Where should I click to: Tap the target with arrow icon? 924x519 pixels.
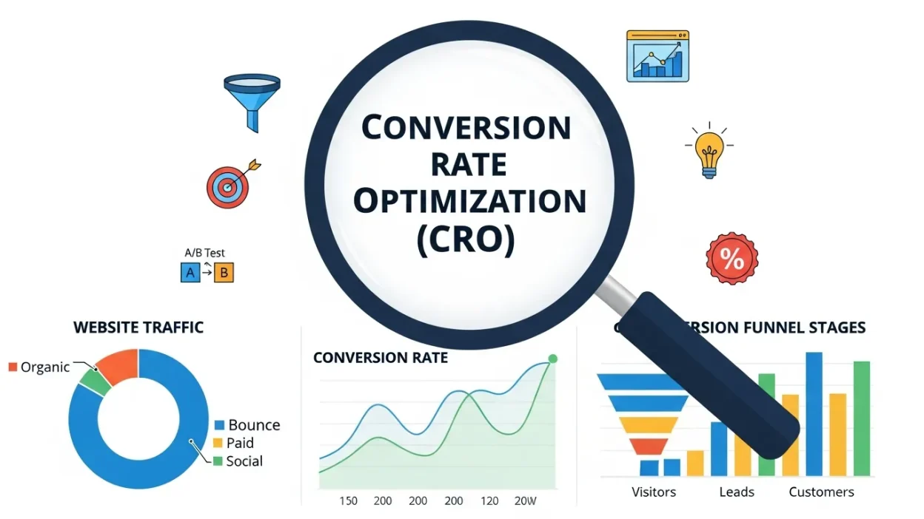coord(230,183)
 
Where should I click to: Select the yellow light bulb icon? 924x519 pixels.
coord(709,150)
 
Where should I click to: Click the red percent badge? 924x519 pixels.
coord(732,259)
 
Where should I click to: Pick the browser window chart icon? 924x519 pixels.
coord(657,55)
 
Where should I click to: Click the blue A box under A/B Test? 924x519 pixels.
coord(190,273)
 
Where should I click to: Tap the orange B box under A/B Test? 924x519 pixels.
coord(224,273)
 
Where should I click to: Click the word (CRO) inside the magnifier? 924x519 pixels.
coord(465,241)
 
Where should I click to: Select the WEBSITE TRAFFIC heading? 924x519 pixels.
coord(138,328)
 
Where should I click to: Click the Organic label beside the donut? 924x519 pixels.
coord(45,367)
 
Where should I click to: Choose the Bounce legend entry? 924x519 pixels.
coord(253,425)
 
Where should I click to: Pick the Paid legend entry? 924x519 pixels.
coord(241,443)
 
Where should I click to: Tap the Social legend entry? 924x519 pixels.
coord(244,461)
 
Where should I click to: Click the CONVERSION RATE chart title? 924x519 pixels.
coord(381,359)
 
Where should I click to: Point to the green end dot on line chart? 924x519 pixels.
coord(552,359)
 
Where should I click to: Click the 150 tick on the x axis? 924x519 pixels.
coord(348,501)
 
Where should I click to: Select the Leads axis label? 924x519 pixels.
coord(737,492)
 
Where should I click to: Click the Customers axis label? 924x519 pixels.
coord(821,492)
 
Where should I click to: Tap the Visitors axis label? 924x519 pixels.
coord(654,492)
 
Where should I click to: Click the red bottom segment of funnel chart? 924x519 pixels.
coord(649,447)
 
